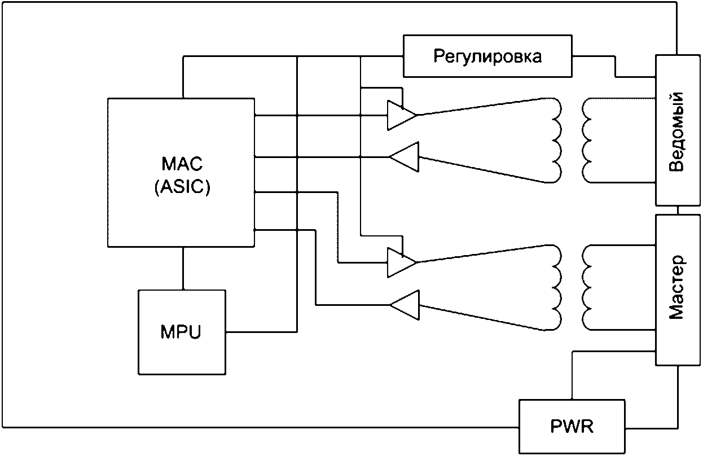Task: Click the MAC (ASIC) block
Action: pyautogui.click(x=181, y=173)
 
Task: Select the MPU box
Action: pyautogui.click(x=182, y=332)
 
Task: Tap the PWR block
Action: pyautogui.click(x=572, y=427)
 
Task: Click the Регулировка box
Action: pyautogui.click(x=487, y=56)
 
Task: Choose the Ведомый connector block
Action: pyautogui.click(x=678, y=130)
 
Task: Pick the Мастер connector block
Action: pyautogui.click(x=678, y=290)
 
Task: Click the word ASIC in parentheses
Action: pyautogui.click(x=182, y=187)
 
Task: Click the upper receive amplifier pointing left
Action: pyautogui.click(x=404, y=157)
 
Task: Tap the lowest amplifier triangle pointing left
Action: pyautogui.click(x=404, y=305)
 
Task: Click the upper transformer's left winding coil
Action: pyautogui.click(x=557, y=141)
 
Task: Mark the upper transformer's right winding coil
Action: pyautogui.click(x=587, y=141)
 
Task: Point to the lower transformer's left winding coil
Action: pyautogui.click(x=557, y=288)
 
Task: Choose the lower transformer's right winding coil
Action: pyautogui.click(x=587, y=288)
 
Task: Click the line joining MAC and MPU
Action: pyautogui.click(x=183, y=268)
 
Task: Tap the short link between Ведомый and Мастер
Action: pyautogui.click(x=678, y=211)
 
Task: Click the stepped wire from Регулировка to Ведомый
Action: pyautogui.click(x=615, y=67)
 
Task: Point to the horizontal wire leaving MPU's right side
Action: pyautogui.click(x=261, y=332)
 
